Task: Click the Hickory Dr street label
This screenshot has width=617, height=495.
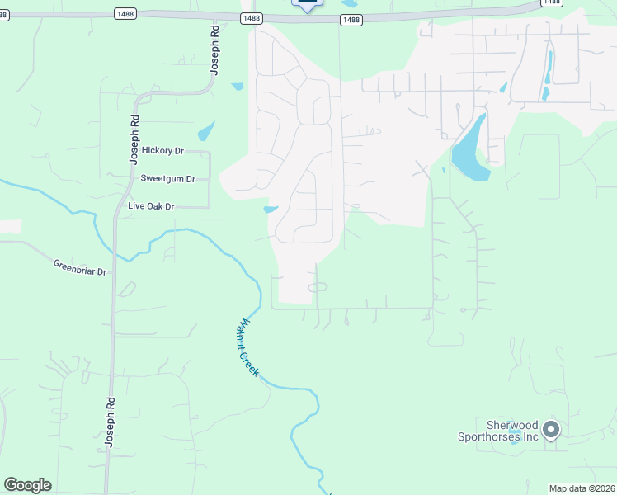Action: (162, 150)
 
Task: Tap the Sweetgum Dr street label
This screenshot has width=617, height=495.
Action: (167, 178)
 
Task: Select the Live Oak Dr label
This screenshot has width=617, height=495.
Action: (151, 206)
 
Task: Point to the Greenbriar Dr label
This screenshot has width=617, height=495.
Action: (80, 267)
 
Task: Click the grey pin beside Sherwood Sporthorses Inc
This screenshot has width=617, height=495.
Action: (552, 430)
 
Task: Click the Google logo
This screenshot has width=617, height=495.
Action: (27, 485)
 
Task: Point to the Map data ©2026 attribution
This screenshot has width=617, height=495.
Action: (582, 488)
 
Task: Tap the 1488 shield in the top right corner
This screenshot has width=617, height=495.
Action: (551, 2)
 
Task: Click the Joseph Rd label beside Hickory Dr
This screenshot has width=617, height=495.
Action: (134, 141)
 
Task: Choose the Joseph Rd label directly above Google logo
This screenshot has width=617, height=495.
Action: (108, 422)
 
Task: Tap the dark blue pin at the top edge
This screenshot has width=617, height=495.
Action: (307, 4)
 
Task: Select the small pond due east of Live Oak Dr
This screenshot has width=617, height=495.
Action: (271, 209)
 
